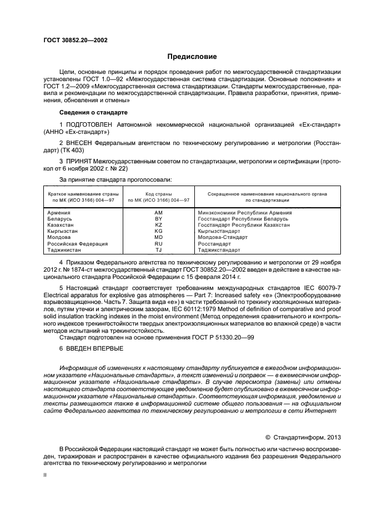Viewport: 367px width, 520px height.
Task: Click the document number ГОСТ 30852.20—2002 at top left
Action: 75,41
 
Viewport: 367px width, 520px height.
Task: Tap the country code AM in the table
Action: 158,212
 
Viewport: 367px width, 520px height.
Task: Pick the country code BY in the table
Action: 158,218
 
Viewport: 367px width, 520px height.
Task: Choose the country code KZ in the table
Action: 158,224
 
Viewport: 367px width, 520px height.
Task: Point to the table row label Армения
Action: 59,212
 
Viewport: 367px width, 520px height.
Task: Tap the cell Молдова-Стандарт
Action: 223,237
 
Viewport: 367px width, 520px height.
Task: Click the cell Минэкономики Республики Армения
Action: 245,212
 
